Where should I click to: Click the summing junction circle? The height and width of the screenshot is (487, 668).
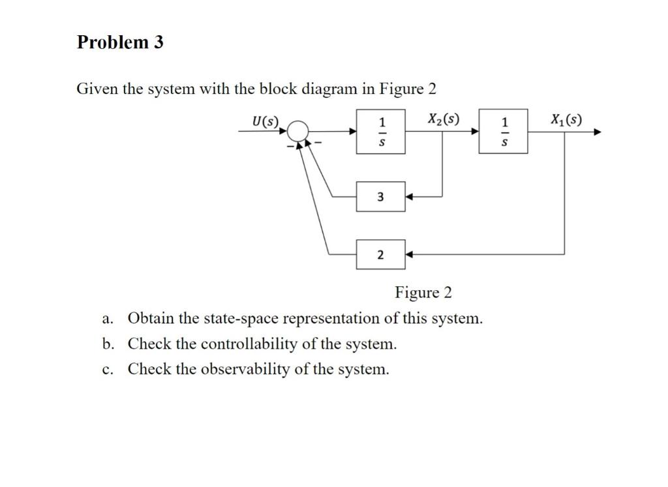click(297, 121)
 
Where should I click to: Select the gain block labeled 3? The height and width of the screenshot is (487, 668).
click(380, 197)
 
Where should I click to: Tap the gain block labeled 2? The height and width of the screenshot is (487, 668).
click(380, 254)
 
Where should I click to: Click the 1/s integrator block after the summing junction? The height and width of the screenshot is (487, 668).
click(380, 132)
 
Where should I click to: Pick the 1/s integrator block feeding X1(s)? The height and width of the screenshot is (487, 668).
click(503, 131)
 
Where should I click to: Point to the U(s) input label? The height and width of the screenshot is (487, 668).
click(265, 121)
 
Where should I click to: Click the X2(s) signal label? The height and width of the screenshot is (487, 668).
click(444, 119)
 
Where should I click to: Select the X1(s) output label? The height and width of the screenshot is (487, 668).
click(566, 119)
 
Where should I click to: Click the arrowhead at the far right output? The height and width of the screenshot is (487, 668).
click(598, 132)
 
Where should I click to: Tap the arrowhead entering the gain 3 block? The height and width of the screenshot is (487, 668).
click(409, 197)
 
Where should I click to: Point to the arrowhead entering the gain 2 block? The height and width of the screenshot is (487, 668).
click(409, 254)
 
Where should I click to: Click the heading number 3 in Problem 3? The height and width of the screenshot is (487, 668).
click(158, 42)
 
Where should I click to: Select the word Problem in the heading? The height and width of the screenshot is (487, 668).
click(113, 42)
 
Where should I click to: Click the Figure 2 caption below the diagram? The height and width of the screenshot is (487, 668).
click(423, 293)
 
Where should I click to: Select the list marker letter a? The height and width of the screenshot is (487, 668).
click(106, 319)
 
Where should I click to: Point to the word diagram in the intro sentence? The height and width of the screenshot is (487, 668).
click(329, 89)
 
